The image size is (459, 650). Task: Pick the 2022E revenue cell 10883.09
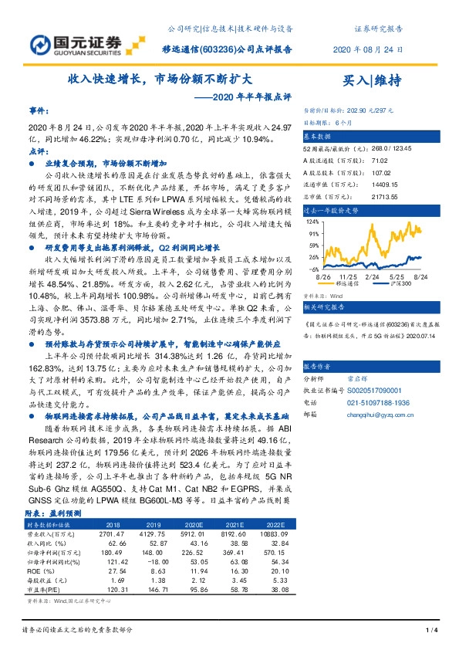[270, 533]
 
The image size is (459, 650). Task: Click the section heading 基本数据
[319, 134]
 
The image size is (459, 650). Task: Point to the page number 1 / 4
[430, 631]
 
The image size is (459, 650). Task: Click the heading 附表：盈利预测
[56, 513]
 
